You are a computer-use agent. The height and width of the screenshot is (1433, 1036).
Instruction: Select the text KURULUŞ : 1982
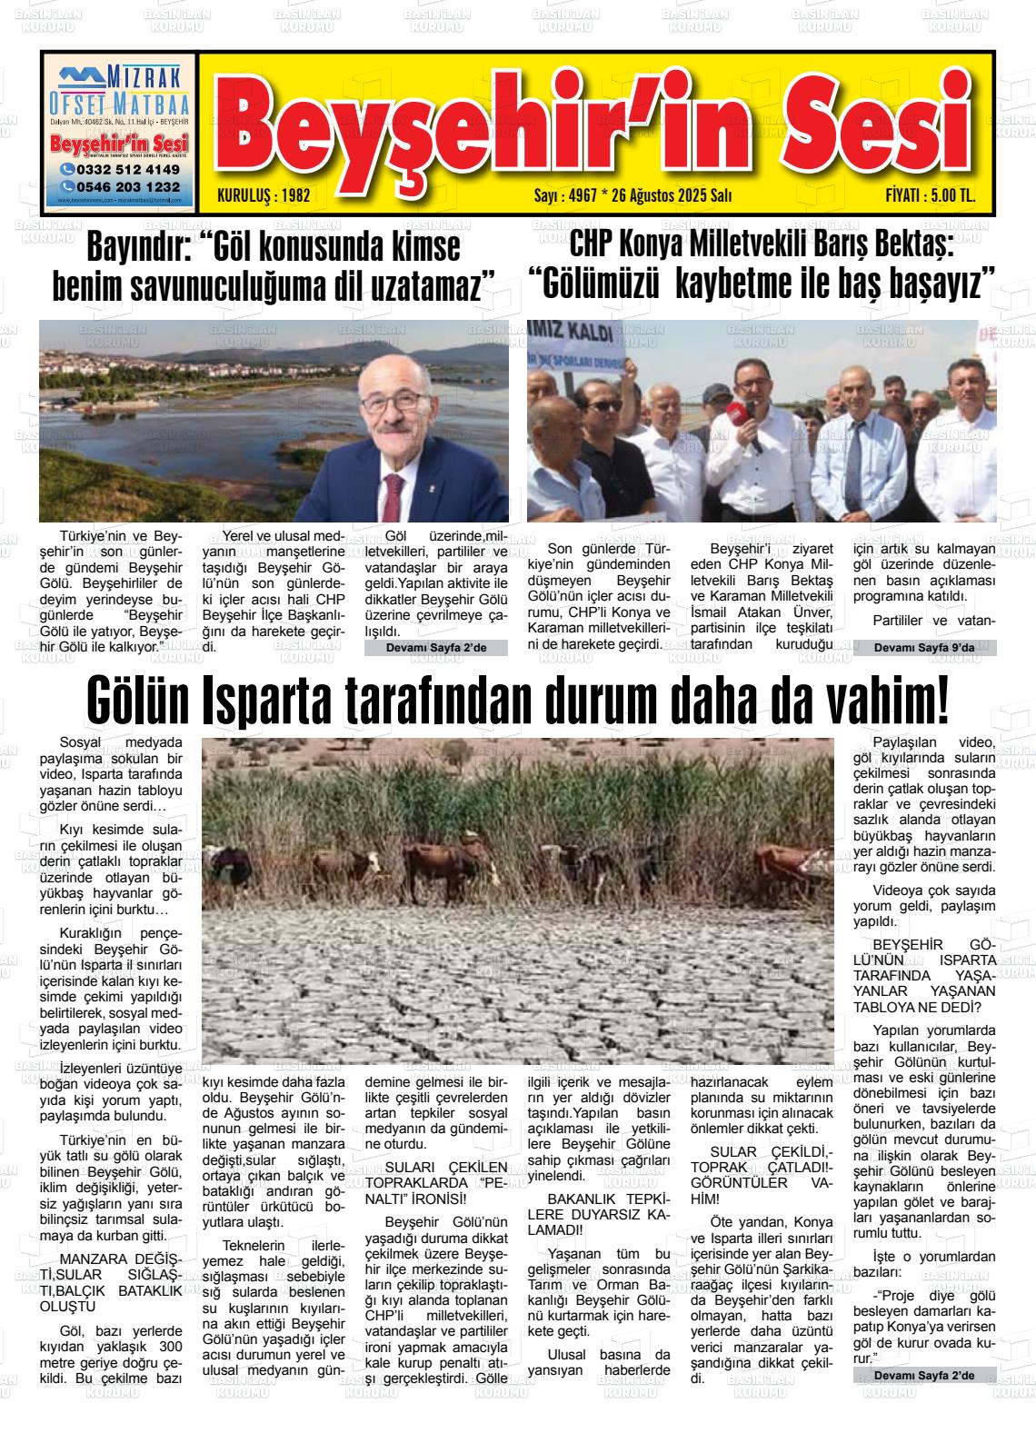pos(264,195)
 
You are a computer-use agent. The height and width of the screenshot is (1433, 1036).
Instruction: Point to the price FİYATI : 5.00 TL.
pos(930,195)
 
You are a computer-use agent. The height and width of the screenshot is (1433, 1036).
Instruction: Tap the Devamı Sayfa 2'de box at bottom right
pos(925,1376)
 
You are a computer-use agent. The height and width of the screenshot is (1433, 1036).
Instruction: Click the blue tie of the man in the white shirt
pos(854,463)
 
